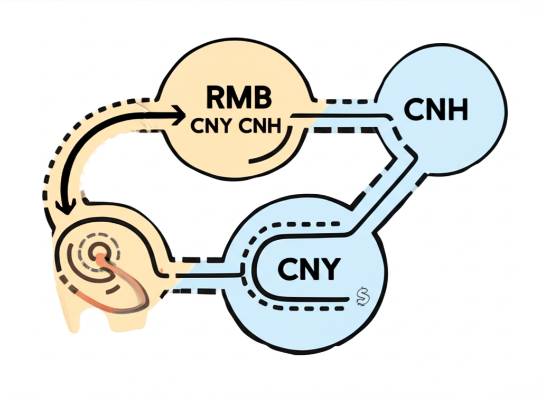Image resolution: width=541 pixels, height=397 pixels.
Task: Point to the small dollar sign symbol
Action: coord(361,297)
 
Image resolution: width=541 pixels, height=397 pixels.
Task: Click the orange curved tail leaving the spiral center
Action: coord(132,290)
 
